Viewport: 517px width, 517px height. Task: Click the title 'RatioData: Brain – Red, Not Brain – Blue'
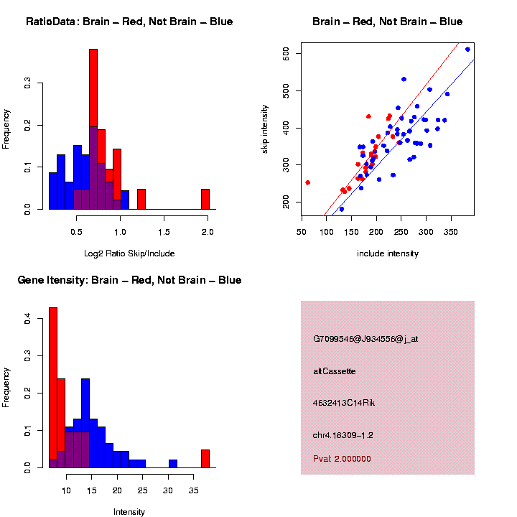tap(129, 22)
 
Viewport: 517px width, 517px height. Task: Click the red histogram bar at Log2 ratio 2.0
tap(205, 199)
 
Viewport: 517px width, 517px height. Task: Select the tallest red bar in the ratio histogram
tap(93, 129)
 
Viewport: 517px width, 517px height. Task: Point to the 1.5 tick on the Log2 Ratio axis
tap(164, 232)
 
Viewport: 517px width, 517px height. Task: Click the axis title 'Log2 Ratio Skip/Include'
tap(129, 253)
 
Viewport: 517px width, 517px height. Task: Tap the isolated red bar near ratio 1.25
tap(141, 199)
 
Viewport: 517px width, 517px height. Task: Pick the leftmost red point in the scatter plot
tap(307, 182)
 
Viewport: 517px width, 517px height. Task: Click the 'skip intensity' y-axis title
tap(265, 129)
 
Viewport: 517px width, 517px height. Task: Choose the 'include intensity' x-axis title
tap(388, 253)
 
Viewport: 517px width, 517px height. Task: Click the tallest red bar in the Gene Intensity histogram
tap(53, 388)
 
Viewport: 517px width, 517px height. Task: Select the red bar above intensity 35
tap(205, 458)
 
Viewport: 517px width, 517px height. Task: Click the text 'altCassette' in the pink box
tap(335, 371)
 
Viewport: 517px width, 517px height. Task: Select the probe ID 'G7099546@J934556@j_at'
tap(365, 339)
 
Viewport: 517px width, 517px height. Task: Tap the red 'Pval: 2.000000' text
tap(342, 458)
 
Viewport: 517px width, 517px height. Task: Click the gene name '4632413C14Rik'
tap(344, 403)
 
